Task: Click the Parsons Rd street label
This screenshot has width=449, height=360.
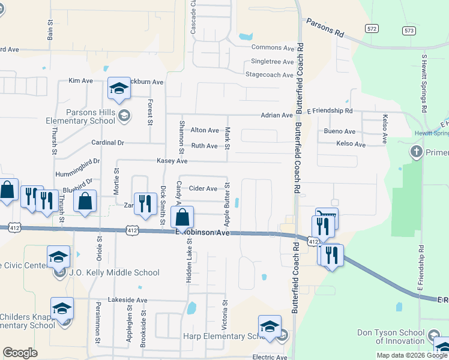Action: (x=325, y=28)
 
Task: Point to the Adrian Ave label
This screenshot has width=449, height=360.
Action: (x=276, y=115)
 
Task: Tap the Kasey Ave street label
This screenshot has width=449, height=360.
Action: (x=172, y=161)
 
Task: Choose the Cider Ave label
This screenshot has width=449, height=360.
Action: (x=203, y=188)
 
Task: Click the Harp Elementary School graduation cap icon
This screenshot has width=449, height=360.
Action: (x=270, y=327)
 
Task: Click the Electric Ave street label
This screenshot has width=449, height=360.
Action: (x=270, y=358)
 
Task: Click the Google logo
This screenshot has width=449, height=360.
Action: (x=20, y=353)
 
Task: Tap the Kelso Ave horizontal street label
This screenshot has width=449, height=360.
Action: (x=351, y=145)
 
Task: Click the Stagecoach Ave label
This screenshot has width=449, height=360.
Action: (x=270, y=75)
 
